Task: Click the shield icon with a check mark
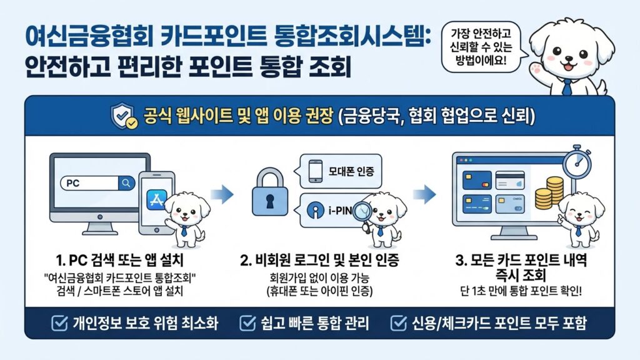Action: point(123,116)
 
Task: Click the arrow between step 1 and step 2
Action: point(222,194)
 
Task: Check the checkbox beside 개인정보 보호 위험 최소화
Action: point(58,323)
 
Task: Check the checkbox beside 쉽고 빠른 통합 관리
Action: point(247,323)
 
